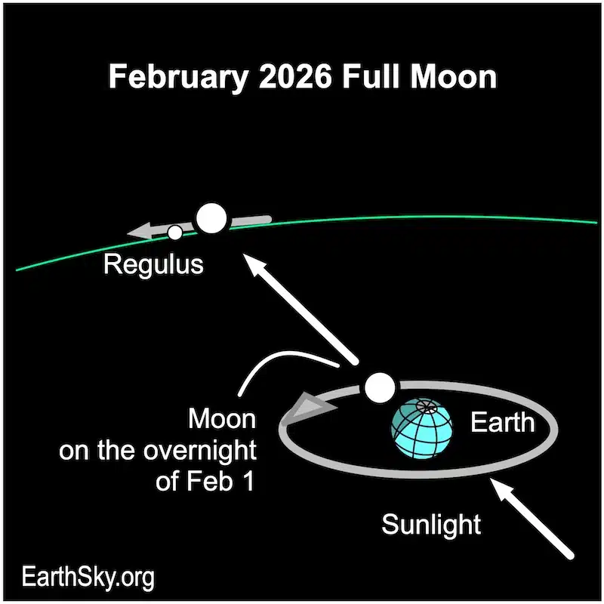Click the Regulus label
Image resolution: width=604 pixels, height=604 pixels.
click(x=153, y=264)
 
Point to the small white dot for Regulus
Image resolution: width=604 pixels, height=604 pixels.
click(x=175, y=233)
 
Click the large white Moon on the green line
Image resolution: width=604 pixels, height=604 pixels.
click(x=211, y=218)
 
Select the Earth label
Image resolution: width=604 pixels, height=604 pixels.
click(x=502, y=423)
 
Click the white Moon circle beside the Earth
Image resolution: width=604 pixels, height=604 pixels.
click(x=379, y=388)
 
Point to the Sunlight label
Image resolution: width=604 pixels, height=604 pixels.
click(x=430, y=524)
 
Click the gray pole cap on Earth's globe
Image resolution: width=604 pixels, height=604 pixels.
click(x=427, y=408)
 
